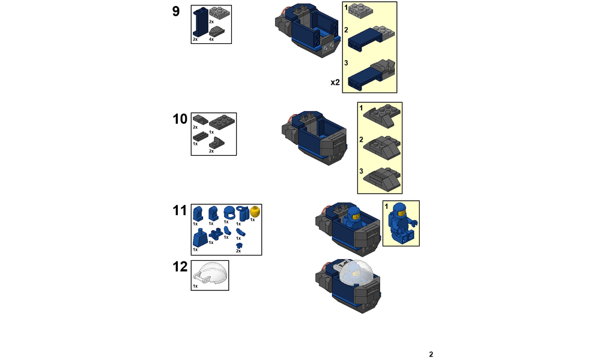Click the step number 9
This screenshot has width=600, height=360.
click(175, 11)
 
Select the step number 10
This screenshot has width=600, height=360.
click(180, 119)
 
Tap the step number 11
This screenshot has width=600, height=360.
click(180, 210)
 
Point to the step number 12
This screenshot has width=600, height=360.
click(180, 267)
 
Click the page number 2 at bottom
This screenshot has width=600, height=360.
click(431, 354)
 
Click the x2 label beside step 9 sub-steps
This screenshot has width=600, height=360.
click(335, 82)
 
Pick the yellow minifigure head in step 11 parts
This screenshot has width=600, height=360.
click(255, 212)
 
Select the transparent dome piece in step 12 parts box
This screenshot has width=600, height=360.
click(210, 273)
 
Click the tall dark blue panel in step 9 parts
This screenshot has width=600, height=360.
click(201, 22)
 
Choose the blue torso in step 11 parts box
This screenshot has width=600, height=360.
click(200, 238)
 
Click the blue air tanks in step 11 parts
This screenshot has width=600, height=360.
click(242, 213)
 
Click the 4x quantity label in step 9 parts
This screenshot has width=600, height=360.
click(211, 40)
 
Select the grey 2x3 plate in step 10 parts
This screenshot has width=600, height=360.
click(222, 123)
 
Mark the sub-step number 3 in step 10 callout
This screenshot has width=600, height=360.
click(361, 171)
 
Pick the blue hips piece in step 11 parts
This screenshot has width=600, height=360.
click(216, 233)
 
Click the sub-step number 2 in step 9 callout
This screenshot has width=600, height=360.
click(347, 30)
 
